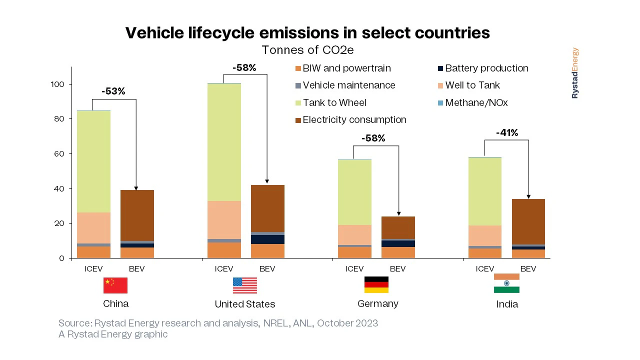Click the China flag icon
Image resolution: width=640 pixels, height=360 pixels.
[x=115, y=285]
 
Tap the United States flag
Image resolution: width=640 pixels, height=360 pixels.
[x=245, y=285]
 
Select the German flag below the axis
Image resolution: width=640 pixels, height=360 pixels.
[x=376, y=284]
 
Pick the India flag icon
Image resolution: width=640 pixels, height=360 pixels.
[x=506, y=283]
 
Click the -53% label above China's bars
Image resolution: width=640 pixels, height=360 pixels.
[x=113, y=91]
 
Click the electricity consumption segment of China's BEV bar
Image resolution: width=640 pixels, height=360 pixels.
[x=137, y=215]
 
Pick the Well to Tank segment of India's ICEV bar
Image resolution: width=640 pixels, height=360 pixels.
[x=485, y=235]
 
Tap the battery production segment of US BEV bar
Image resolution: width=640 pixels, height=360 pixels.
[x=267, y=239]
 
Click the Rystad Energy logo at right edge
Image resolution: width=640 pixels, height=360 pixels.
[x=575, y=73]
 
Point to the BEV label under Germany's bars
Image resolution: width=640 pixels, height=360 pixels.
[x=397, y=269]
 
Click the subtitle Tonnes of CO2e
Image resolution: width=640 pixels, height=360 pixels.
[x=307, y=50]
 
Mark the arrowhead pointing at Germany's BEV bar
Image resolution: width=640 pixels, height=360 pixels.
[x=398, y=213]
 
